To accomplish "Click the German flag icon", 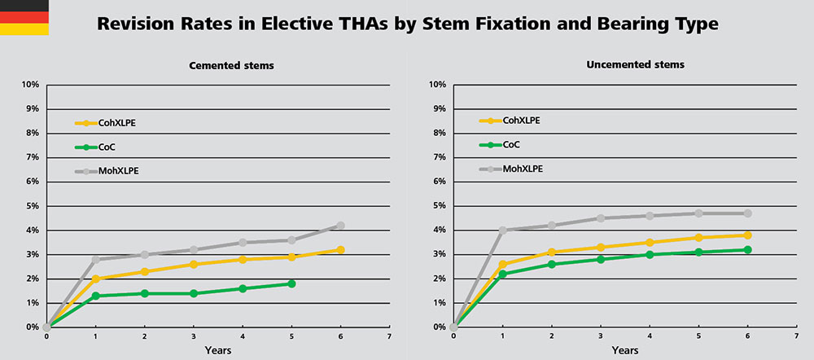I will pos(24,18).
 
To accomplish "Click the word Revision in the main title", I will pos(137,24).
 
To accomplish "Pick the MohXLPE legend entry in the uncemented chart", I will pos(523,169).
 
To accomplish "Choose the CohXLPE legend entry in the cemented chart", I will pos(125,123).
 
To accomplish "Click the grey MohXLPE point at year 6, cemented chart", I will pos(340,226).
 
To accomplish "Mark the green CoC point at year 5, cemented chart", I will pos(291,283).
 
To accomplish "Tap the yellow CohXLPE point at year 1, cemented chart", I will pos(95,279).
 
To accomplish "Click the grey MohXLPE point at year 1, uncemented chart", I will pos(502,230).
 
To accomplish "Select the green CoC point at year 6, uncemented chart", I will pos(747,249).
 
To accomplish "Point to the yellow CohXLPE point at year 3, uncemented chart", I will pos(601,247).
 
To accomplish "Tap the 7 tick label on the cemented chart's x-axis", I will pos(389,336).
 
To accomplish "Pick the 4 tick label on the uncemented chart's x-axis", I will pos(650,336).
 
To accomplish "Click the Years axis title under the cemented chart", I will pos(217,350).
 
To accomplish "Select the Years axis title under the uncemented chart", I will pos(624,350).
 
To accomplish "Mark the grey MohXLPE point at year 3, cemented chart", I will pos(194,249).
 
